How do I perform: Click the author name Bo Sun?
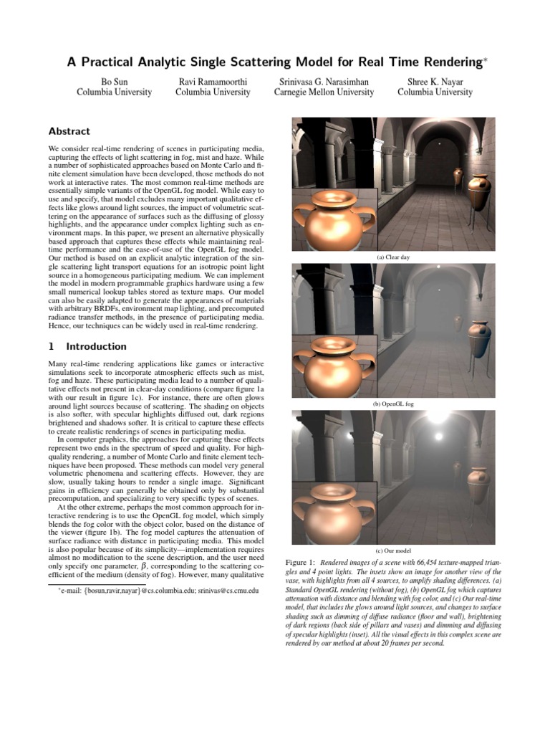coord(114,81)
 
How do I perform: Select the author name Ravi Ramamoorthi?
coord(213,81)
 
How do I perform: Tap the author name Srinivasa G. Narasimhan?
coord(326,81)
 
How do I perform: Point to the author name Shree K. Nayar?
coord(435,81)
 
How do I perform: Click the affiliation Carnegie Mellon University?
coord(326,92)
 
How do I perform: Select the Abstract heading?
coord(69,131)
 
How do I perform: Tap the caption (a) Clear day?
coord(393,257)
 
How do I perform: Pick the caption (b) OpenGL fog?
coord(393,404)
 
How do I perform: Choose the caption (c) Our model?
coord(393,550)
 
